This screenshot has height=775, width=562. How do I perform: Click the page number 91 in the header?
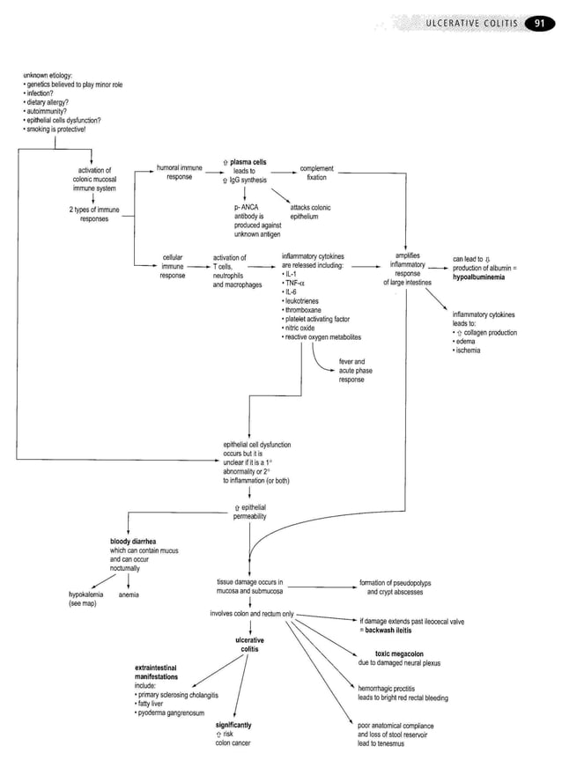pos(537,23)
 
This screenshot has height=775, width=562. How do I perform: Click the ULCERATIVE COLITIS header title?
pos(473,23)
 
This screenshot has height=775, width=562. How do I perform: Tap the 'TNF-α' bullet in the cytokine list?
pos(296,282)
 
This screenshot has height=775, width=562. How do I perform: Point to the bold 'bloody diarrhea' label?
pos(133,541)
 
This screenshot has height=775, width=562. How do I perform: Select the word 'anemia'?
pos(129,594)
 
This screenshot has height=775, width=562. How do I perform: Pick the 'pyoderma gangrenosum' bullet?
pos(170,712)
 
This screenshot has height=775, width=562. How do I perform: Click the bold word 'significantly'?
pos(233,725)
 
